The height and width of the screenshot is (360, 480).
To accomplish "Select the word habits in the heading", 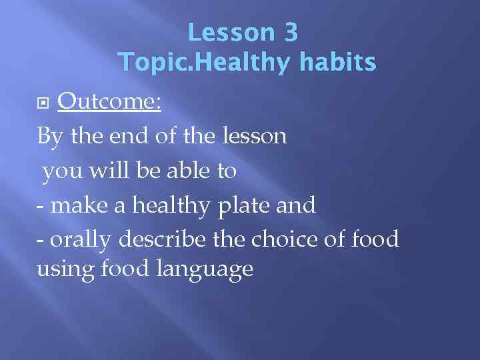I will coord(338,62).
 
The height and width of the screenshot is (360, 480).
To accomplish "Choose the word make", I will coord(79,205).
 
